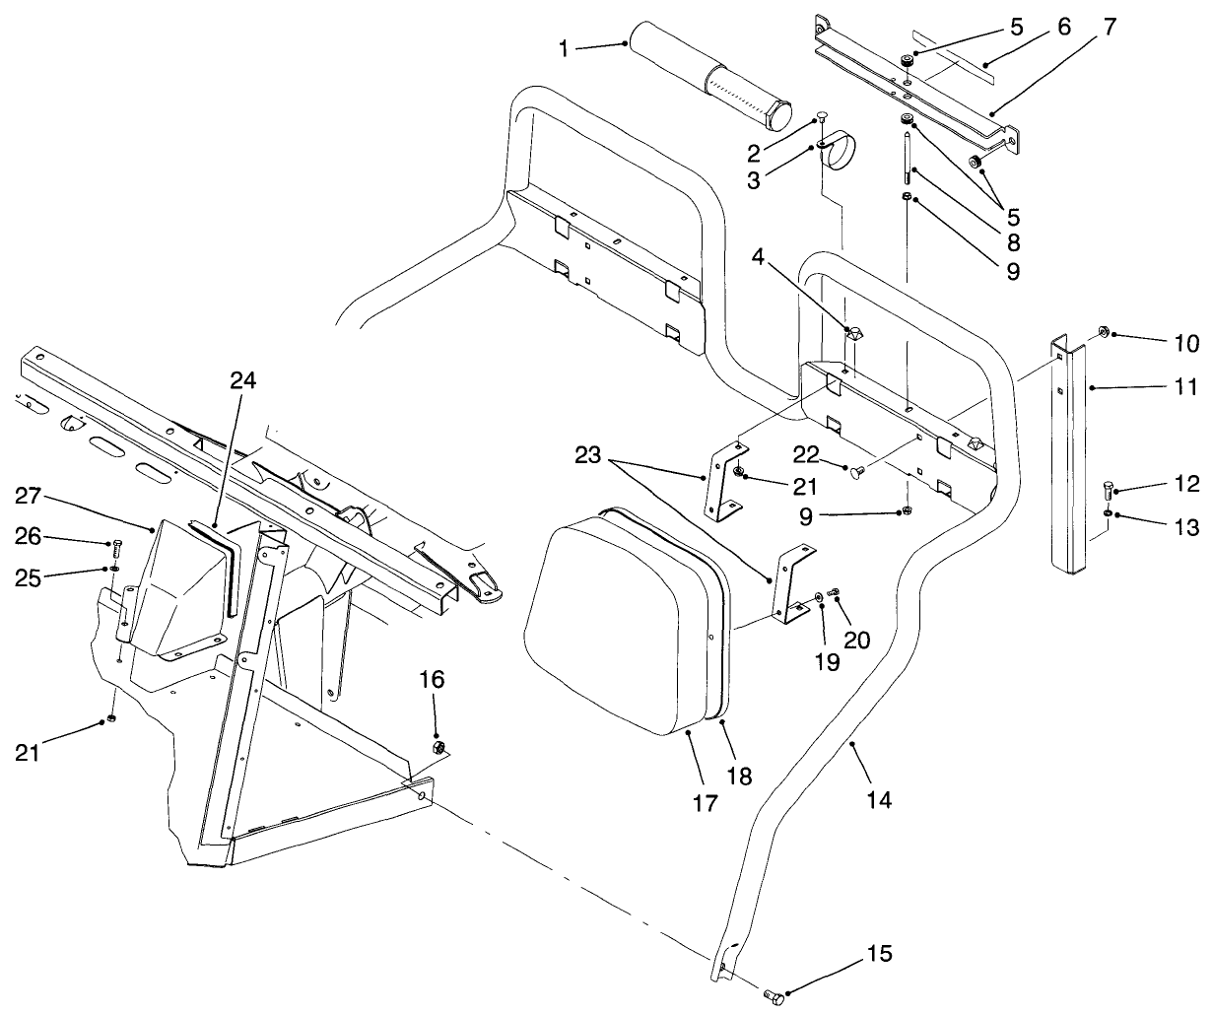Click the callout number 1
[564, 47]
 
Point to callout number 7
[1110, 27]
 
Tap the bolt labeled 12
[1111, 489]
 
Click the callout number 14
[879, 801]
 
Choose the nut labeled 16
[439, 745]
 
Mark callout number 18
[739, 777]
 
